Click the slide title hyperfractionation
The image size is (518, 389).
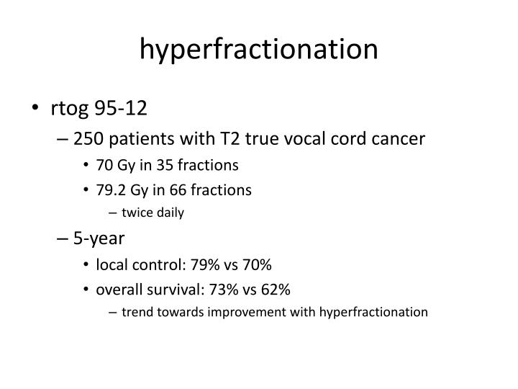click(x=259, y=49)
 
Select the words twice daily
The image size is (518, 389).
click(x=153, y=213)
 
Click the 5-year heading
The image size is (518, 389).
click(x=99, y=238)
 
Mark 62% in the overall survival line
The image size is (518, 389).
click(x=275, y=290)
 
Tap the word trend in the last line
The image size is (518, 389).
click(x=137, y=313)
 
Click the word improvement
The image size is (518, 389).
click(x=232, y=313)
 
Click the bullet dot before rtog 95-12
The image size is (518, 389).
click(x=36, y=109)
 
